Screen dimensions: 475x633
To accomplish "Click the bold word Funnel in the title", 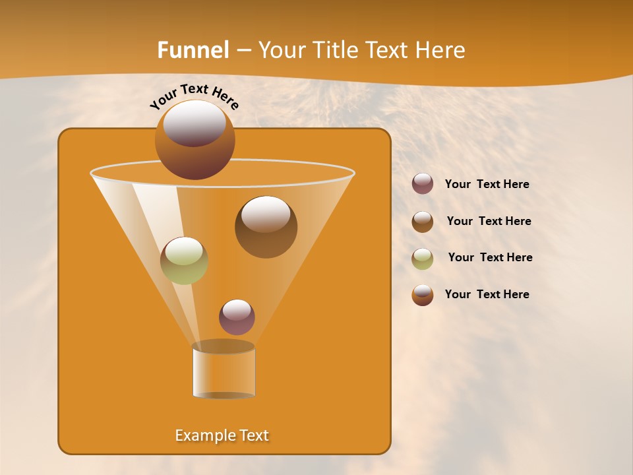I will (193, 50).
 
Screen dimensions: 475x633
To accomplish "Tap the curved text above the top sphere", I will (195, 96).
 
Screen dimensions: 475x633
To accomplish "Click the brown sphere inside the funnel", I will (266, 228).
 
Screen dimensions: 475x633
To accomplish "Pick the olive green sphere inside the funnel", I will (184, 261).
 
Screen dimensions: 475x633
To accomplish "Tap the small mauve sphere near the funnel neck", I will (237, 317).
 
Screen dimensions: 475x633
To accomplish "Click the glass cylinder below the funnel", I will (224, 371).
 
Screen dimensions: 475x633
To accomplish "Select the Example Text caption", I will (222, 435).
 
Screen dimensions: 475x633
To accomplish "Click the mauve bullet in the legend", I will (423, 184).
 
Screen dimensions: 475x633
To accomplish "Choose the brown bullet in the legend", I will (423, 222).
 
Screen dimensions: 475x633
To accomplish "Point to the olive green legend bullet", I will (423, 259).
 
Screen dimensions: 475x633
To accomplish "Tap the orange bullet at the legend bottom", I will (423, 295).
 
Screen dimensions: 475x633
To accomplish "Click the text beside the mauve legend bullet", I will (487, 185).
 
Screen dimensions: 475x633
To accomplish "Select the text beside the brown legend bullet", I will (489, 222).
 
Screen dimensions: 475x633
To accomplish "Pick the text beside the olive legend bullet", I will (490, 258).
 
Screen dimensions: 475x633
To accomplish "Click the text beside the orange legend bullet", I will (487, 295).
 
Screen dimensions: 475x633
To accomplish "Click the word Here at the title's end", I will (443, 50).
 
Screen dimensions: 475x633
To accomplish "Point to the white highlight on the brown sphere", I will (266, 214).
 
